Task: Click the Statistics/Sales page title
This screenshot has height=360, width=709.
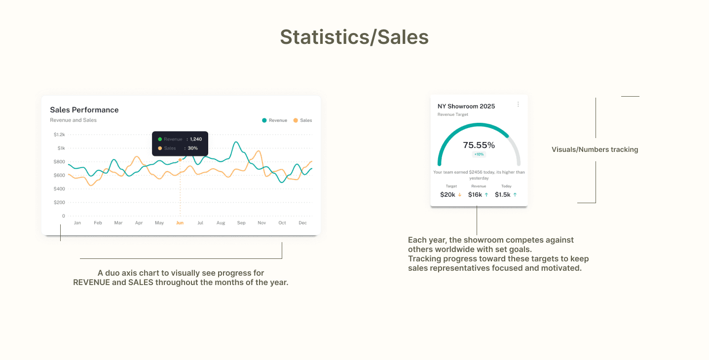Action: pos(354,37)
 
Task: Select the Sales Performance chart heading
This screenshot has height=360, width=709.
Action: pos(84,110)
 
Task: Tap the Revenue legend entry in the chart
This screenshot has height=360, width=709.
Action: pos(274,120)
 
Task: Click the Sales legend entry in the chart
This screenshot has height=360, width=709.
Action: pos(302,120)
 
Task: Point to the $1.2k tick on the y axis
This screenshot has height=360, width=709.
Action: pos(59,135)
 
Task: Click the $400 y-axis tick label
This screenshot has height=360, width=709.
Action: pos(59,189)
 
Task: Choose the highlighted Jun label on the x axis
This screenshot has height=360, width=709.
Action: pos(180,223)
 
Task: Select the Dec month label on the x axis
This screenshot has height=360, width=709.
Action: pos(302,223)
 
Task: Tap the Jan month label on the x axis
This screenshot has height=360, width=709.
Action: pos(77,223)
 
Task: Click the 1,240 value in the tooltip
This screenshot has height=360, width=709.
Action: pos(196,139)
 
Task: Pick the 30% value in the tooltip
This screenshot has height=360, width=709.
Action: pos(193,148)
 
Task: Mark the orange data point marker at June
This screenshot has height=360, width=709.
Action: pos(180,160)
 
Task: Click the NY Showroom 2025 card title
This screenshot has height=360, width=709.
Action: pos(466,107)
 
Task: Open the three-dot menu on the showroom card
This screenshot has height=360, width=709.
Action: pos(518,104)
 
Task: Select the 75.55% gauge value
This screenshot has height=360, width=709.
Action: pos(479,145)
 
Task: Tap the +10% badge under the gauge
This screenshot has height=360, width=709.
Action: pos(479,154)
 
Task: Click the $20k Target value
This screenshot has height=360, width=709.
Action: pos(448,195)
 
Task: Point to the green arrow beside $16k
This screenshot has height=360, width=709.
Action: pos(486,195)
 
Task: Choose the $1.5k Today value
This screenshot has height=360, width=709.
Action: pos(503,195)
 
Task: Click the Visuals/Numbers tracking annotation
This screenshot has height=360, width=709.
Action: pos(595,149)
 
